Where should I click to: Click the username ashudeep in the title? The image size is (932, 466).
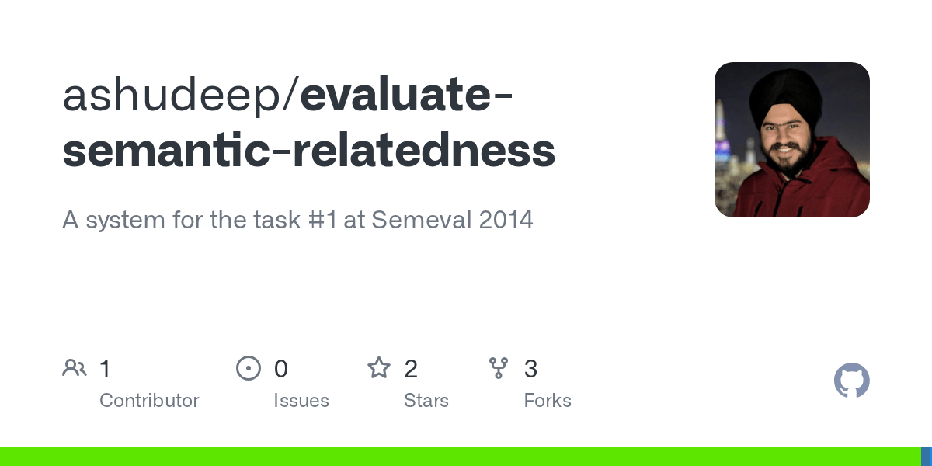coord(172,96)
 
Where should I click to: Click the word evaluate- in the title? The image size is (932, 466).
coord(406,95)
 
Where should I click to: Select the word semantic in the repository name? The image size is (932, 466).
coord(166,150)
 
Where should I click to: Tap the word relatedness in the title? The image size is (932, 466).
coord(424,150)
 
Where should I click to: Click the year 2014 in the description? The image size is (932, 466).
coord(506,220)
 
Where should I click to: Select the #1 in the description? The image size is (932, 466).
coord(323,220)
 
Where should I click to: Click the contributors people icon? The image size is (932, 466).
coord(75,368)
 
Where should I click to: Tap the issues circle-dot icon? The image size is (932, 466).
coord(249,368)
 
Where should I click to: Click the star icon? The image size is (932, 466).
coord(379,368)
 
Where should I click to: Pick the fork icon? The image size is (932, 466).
coord(499,368)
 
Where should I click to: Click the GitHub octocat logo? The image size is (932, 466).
coord(852,381)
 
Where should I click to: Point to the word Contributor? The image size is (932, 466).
coord(149,401)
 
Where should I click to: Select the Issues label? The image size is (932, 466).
coord(301,401)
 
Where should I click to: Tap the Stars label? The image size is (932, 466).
coord(426,401)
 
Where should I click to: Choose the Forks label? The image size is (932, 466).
coord(548,401)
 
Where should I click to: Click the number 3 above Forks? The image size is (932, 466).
coord(531,369)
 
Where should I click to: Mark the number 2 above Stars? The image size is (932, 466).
coord(411,369)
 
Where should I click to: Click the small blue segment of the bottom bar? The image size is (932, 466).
coord(927,457)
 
